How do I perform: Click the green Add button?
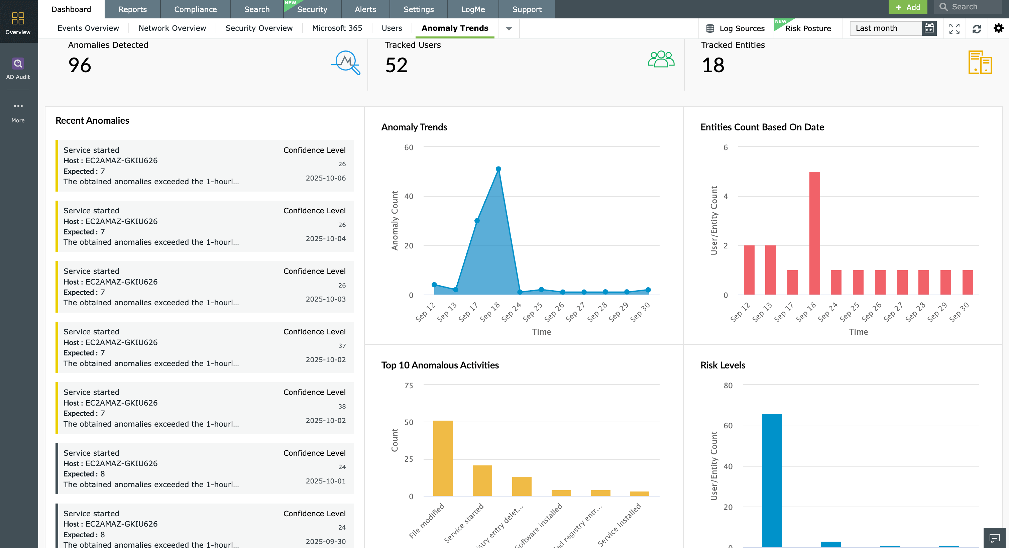(x=908, y=7)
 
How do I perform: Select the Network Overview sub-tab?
(x=172, y=28)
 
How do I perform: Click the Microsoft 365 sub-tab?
(x=337, y=28)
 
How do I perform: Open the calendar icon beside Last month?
(x=929, y=28)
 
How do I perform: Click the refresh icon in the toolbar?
(x=977, y=29)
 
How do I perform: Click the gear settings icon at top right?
(x=998, y=28)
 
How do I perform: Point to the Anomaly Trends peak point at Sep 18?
(x=498, y=169)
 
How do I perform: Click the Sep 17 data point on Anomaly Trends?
(x=477, y=221)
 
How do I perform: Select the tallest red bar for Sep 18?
(x=814, y=233)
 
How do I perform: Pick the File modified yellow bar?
(x=443, y=458)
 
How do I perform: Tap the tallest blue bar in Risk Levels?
(x=772, y=480)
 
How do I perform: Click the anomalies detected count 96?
(x=80, y=65)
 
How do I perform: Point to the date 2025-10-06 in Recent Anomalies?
(x=326, y=178)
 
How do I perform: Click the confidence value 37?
(x=342, y=346)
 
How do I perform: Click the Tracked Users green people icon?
(x=661, y=60)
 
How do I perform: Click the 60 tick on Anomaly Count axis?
(x=409, y=148)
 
